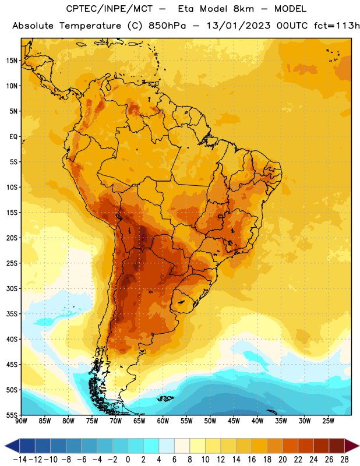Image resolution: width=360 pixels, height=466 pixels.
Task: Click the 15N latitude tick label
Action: pyautogui.click(x=12, y=61)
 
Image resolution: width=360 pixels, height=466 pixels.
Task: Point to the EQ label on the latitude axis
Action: pyautogui.click(x=13, y=137)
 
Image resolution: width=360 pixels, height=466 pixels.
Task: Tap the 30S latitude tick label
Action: pyautogui.click(x=12, y=288)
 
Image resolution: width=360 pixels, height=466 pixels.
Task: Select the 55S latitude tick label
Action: pyautogui.click(x=12, y=415)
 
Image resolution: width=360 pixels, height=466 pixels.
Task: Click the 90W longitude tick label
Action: pyautogui.click(x=22, y=421)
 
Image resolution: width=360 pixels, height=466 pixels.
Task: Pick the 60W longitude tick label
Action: pyautogui.click(x=163, y=421)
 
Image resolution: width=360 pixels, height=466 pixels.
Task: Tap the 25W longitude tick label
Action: pyautogui.click(x=328, y=421)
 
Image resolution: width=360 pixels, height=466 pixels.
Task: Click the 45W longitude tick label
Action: pyautogui.click(x=234, y=421)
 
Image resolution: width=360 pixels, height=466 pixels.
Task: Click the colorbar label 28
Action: pyautogui.click(x=344, y=460)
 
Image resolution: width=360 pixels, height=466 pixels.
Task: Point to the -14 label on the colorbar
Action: pyautogui.click(x=20, y=460)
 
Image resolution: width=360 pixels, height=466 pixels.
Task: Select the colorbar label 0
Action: pyautogui.click(x=128, y=460)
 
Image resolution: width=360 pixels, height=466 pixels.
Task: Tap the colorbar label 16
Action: pyautogui.click(x=252, y=460)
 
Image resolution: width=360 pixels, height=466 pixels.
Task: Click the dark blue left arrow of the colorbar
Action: pyautogui.click(x=12, y=446)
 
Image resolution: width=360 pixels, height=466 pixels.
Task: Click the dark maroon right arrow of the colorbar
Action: pyautogui.click(x=352, y=446)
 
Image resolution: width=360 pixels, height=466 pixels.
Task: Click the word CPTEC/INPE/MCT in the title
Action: pyautogui.click(x=110, y=9)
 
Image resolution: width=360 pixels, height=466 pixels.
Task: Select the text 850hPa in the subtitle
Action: pyautogui.click(x=167, y=26)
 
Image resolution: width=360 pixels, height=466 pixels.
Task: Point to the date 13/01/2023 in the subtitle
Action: pyautogui.click(x=239, y=26)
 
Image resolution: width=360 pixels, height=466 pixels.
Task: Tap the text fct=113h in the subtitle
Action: pyautogui.click(x=337, y=26)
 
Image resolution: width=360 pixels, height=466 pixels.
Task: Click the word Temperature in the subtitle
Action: pyautogui.click(x=90, y=26)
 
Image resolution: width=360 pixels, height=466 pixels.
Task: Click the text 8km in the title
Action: pyautogui.click(x=243, y=9)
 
